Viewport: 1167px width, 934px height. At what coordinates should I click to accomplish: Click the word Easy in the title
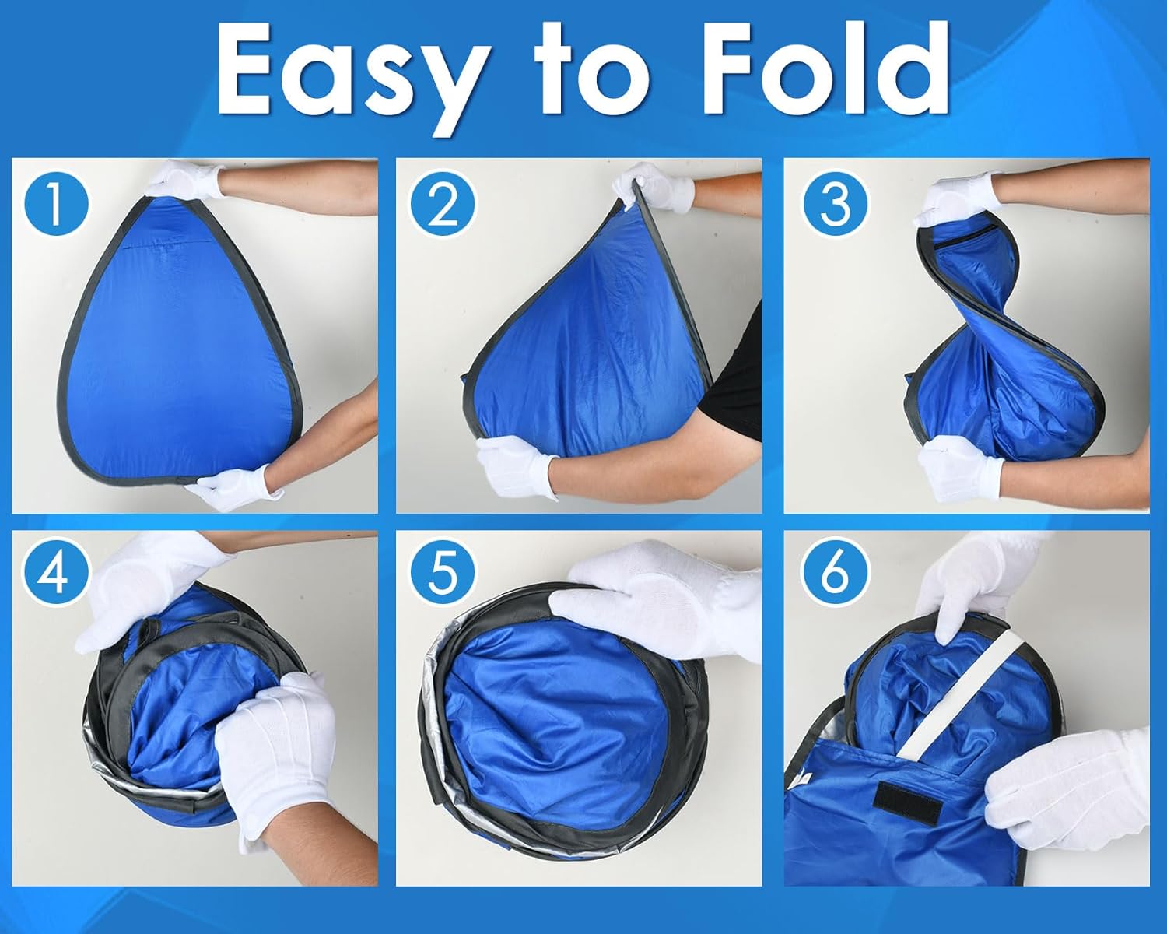[351, 77]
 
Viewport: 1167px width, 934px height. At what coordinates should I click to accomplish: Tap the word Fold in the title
[825, 69]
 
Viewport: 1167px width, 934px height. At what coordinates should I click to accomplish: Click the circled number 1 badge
[55, 204]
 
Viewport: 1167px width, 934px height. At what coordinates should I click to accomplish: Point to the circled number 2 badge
[442, 203]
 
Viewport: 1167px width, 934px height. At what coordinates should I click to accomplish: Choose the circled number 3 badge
[835, 203]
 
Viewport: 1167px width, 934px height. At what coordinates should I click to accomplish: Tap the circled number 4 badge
[55, 573]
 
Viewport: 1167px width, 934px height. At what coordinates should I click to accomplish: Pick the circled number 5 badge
[442, 573]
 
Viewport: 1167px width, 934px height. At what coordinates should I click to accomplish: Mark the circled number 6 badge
[835, 573]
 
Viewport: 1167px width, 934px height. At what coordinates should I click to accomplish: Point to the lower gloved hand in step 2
[517, 465]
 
